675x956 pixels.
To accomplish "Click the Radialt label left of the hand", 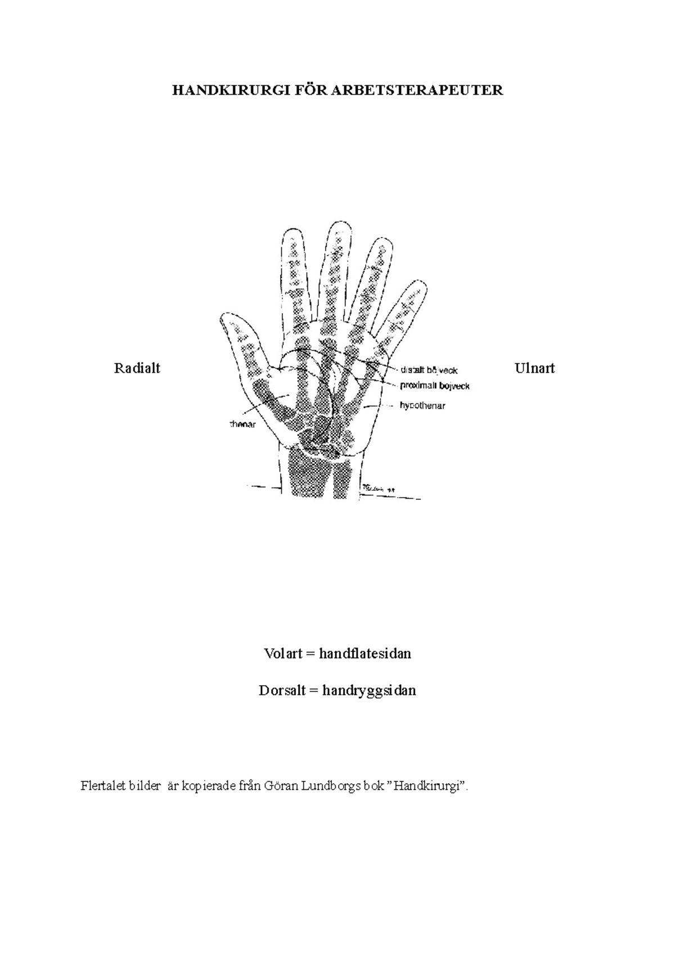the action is coord(137,368).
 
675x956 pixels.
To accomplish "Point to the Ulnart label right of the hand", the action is coord(534,368).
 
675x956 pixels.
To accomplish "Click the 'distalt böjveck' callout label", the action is coord(429,370).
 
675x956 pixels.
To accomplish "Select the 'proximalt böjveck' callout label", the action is coord(434,386).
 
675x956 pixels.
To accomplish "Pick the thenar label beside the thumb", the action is coord(242,424).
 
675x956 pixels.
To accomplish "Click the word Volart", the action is coord(283,654).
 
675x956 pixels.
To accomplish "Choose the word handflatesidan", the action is coord(365,654).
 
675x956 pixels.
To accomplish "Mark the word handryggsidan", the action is coord(369,690).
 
